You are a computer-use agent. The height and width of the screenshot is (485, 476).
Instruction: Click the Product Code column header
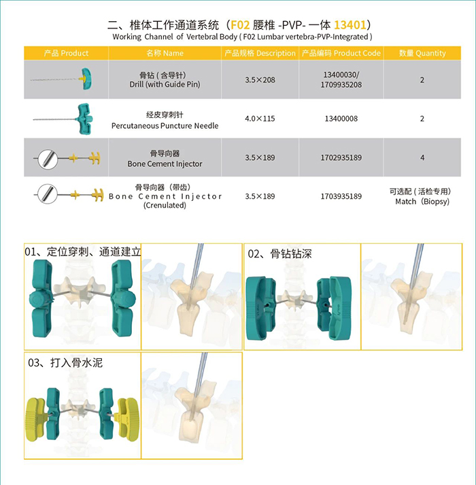(341, 53)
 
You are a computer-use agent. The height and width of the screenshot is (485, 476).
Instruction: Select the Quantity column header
(422, 53)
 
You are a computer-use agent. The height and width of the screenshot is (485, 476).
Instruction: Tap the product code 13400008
(341, 119)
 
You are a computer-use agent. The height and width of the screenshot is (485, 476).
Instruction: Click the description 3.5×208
(260, 80)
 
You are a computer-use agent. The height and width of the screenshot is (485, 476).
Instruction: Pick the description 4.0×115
(260, 119)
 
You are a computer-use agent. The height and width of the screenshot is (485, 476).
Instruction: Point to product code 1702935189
(341, 157)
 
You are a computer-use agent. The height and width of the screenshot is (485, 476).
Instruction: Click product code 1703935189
(341, 196)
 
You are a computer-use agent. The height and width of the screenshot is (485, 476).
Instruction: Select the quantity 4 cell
(422, 157)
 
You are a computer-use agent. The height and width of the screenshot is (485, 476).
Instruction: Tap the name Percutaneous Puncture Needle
(165, 125)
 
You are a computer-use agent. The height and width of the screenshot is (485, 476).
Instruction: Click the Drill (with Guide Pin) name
(165, 84)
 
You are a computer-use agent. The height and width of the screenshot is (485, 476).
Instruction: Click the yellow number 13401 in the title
(350, 25)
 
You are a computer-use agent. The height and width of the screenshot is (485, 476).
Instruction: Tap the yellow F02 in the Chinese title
(240, 25)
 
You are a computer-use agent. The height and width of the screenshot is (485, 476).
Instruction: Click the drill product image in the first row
(61, 79)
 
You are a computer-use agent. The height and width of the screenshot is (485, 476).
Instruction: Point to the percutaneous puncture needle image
(63, 119)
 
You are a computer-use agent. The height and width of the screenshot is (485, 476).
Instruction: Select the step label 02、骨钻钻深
(279, 253)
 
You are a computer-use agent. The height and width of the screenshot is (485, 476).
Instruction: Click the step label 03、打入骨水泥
(65, 362)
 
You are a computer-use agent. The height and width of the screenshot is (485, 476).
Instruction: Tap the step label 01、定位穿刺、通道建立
(83, 252)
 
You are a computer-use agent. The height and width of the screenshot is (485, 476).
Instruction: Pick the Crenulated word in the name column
(165, 205)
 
